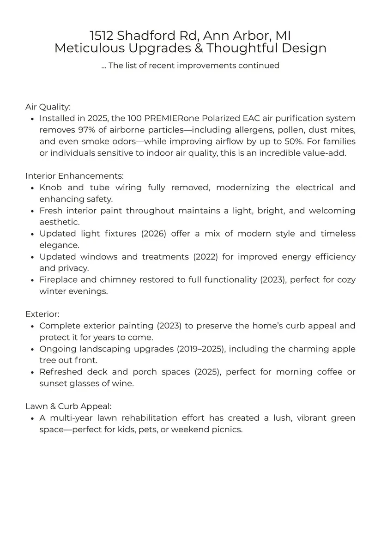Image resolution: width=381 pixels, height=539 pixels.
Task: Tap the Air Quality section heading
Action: coord(48,107)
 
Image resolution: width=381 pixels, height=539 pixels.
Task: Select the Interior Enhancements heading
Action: coord(74,176)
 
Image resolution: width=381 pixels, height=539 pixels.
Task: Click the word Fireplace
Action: coord(60,280)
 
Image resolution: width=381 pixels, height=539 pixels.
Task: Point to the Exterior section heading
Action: coord(42,315)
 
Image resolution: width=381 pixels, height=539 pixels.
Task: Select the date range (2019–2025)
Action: coord(201,349)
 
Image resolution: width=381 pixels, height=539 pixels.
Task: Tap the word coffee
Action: coord(330,372)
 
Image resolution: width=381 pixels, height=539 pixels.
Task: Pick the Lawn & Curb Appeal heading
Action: coord(68,406)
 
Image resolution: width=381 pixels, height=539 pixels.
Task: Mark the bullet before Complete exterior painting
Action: coord(32,326)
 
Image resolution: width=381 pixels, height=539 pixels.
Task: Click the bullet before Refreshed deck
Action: coord(32,372)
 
